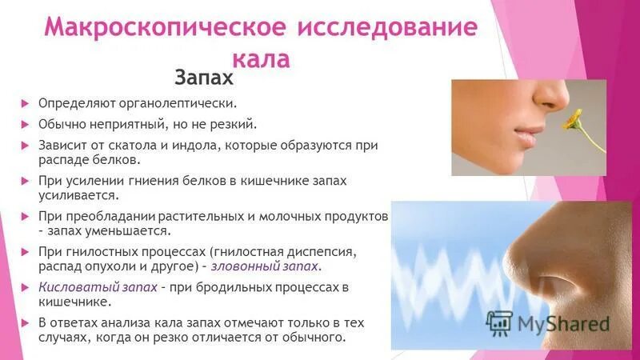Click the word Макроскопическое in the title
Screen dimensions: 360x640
coord(163,29)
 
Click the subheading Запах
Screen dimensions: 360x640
coord(204,78)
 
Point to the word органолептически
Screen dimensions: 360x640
coord(174,104)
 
